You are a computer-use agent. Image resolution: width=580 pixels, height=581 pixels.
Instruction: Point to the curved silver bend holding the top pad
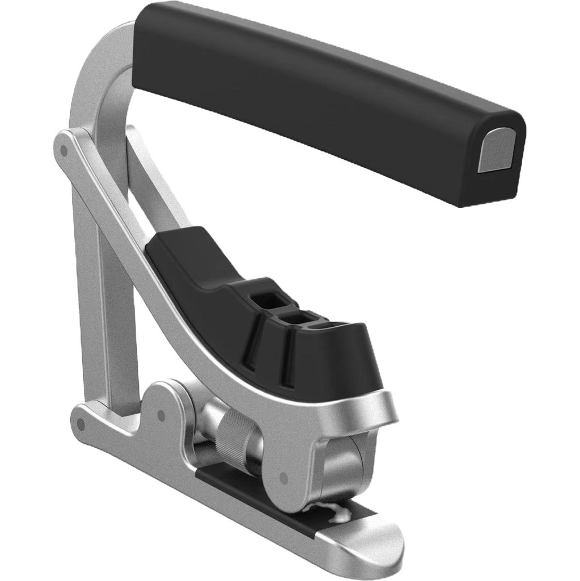click(99, 74)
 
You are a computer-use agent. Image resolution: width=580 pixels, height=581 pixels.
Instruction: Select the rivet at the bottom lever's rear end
click(81, 423)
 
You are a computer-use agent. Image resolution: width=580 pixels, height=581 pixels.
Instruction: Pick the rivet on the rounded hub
click(161, 416)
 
